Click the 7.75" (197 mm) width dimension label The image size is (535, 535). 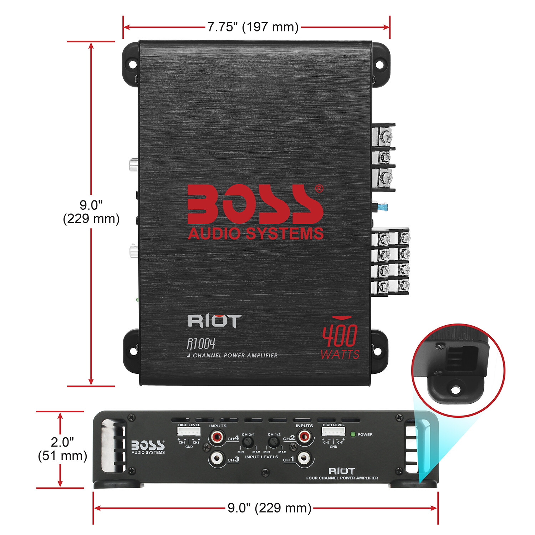253,27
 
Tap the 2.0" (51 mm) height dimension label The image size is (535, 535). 62,449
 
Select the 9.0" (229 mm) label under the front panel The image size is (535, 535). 269,508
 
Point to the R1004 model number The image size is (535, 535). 201,344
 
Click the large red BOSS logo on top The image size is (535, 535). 255,204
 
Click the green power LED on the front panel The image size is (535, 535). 353,434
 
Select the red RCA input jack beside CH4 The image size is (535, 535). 217,436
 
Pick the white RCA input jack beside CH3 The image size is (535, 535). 217,458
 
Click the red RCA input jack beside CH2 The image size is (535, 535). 304,436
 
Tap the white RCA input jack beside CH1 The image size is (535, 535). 304,458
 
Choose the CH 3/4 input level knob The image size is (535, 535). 248,443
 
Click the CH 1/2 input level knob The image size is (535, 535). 274,443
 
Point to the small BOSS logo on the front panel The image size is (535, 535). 148,447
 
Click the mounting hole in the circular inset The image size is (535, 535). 455,390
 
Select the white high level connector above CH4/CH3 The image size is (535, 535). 189,432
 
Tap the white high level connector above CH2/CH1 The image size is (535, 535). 333,432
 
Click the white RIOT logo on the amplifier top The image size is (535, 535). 214,321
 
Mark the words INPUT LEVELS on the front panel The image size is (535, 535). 261,457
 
